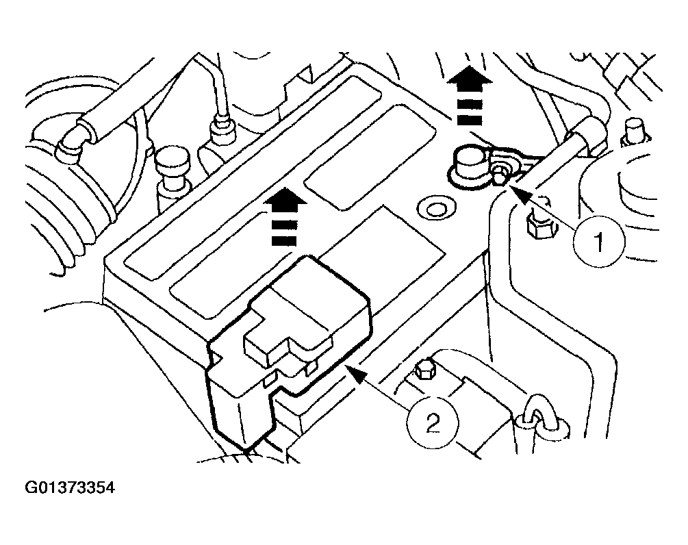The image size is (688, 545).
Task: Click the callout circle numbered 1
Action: point(599,242)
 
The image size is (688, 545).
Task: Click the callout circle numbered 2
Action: point(433,423)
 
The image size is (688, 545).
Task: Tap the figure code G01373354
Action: point(71,487)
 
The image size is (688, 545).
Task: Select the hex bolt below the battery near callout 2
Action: point(423,370)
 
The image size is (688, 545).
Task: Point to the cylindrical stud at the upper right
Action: point(633,130)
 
